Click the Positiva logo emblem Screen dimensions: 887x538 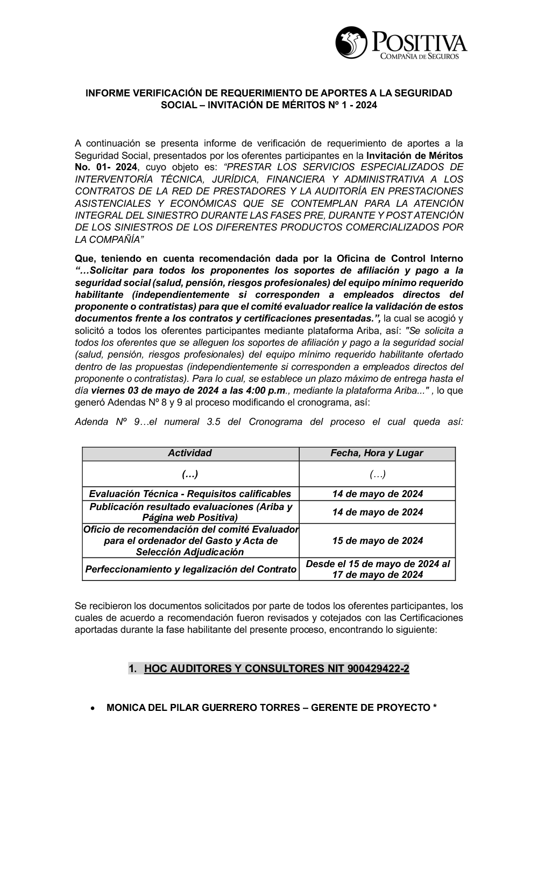[x=350, y=42]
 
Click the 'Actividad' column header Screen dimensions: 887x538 [x=190, y=453]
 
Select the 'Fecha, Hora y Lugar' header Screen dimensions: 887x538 [x=377, y=453]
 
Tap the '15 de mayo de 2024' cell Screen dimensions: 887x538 [x=377, y=540]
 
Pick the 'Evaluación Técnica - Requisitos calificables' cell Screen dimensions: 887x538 [x=190, y=493]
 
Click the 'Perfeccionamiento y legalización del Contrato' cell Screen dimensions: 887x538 [x=190, y=569]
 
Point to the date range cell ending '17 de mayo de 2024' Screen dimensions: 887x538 [x=377, y=569]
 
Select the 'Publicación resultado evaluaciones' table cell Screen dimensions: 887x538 [x=190, y=512]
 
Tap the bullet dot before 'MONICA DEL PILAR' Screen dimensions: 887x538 [x=94, y=708]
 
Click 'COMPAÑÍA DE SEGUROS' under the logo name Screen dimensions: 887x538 [x=419, y=56]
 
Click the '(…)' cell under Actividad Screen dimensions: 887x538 [x=190, y=474]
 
